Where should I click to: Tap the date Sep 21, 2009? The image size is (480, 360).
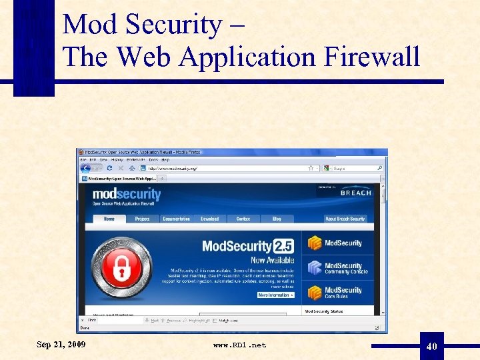pyautogui.click(x=61, y=344)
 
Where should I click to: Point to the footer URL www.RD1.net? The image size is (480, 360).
pyautogui.click(x=239, y=345)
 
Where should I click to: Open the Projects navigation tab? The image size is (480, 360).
pyautogui.click(x=142, y=219)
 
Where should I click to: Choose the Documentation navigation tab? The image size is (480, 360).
pyautogui.click(x=177, y=219)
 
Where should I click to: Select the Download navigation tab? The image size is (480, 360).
pyautogui.click(x=209, y=219)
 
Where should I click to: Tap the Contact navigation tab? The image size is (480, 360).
pyautogui.click(x=243, y=219)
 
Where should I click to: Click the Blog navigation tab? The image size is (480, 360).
pyautogui.click(x=277, y=219)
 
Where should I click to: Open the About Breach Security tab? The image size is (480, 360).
pyautogui.click(x=345, y=219)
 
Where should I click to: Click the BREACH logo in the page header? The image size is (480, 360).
pyautogui.click(x=355, y=192)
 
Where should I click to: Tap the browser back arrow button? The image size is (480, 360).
pyautogui.click(x=85, y=169)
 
